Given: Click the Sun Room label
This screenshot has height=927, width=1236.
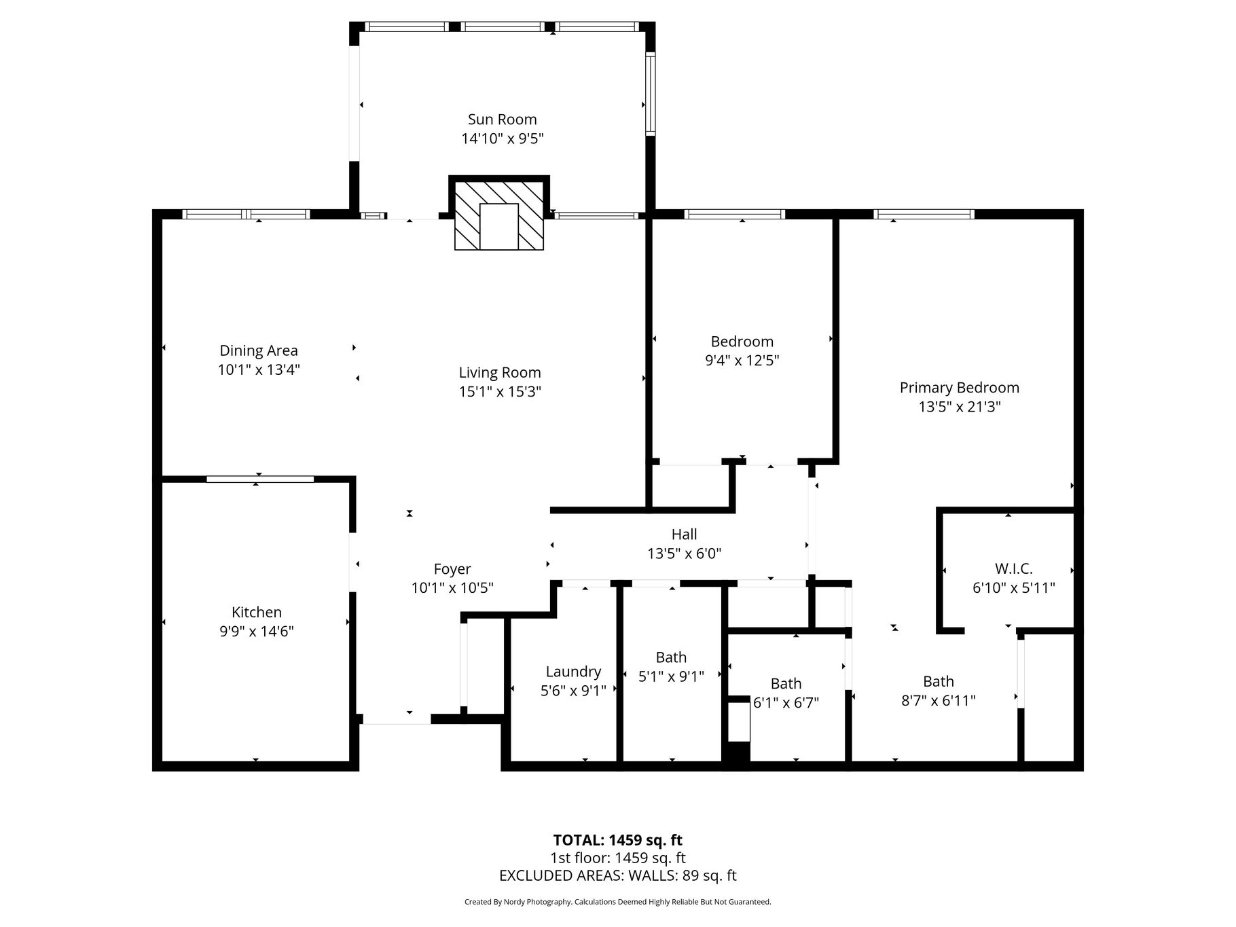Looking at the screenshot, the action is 502,120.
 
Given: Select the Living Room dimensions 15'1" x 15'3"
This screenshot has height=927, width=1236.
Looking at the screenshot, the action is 500,391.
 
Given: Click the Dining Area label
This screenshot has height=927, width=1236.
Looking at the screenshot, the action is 259,350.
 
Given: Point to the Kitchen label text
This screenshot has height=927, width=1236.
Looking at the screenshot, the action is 257,612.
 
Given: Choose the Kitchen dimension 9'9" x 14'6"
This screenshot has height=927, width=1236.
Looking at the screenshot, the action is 257,631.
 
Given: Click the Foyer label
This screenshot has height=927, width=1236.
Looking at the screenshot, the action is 452,569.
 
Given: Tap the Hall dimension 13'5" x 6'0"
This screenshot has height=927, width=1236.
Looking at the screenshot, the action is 684,553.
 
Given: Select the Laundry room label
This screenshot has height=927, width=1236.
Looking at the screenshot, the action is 574,672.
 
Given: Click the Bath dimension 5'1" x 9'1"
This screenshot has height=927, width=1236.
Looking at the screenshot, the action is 671,676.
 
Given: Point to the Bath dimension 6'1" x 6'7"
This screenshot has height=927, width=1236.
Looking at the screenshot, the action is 786,702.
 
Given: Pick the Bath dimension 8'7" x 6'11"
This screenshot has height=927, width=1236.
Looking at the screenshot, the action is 939,700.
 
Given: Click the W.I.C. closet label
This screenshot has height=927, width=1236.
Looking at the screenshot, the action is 1014,569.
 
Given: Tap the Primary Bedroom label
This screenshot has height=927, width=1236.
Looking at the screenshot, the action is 960,388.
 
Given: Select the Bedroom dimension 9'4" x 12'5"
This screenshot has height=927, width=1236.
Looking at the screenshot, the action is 742,360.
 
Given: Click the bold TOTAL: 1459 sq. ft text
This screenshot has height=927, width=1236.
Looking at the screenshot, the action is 618,840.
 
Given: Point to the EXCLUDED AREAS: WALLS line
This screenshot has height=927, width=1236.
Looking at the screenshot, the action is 618,875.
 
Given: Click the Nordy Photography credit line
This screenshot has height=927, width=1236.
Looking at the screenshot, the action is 618,902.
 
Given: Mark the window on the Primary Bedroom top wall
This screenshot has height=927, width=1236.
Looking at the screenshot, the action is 924,214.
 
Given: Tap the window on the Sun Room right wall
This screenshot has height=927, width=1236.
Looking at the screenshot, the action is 650,94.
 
